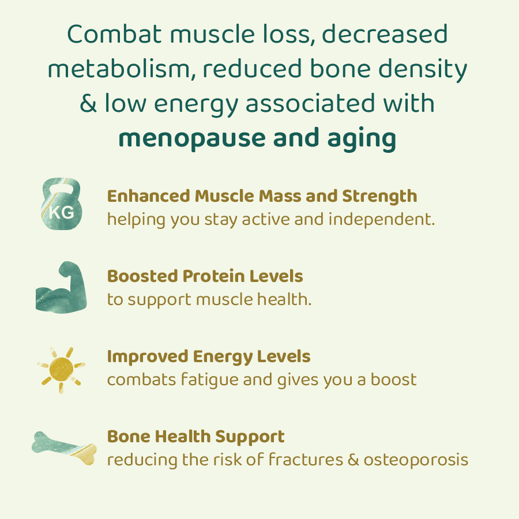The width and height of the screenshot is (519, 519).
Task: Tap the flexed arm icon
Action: coord(61,287)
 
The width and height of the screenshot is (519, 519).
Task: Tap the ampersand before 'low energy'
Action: coord(88,104)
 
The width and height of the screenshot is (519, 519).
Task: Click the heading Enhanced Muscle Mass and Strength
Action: coord(262,196)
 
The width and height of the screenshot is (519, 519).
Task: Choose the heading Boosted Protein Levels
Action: coord(205,276)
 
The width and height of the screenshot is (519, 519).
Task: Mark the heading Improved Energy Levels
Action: coord(209,356)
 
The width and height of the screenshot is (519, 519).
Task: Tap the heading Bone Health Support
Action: coord(196,437)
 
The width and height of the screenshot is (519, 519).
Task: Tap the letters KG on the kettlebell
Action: coord(61,212)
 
